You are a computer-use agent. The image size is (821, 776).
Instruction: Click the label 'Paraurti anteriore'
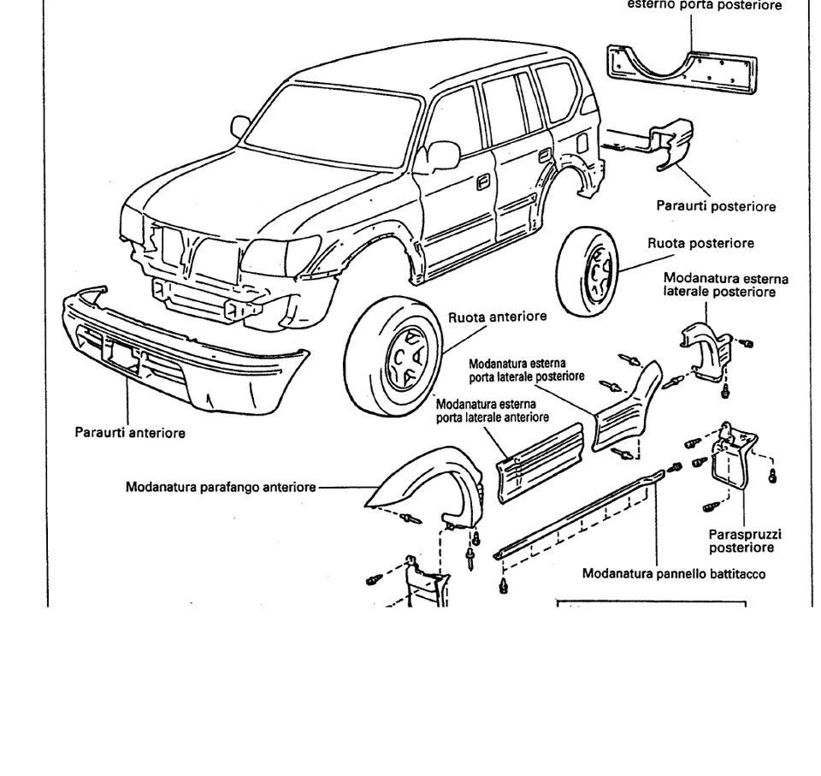[130, 433]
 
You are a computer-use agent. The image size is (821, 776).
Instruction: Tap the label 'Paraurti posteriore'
[716, 206]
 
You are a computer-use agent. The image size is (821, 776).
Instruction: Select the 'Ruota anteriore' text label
[497, 317]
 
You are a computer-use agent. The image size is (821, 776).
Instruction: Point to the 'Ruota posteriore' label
[700, 243]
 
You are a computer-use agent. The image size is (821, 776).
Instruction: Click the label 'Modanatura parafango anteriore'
[220, 488]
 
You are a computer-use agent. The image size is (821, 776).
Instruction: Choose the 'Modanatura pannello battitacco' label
[674, 573]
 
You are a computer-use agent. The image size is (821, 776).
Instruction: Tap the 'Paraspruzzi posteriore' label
[745, 541]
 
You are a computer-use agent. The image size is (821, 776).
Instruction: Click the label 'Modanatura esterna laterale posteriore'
[725, 286]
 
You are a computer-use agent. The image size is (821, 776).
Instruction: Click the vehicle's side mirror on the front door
[442, 156]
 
